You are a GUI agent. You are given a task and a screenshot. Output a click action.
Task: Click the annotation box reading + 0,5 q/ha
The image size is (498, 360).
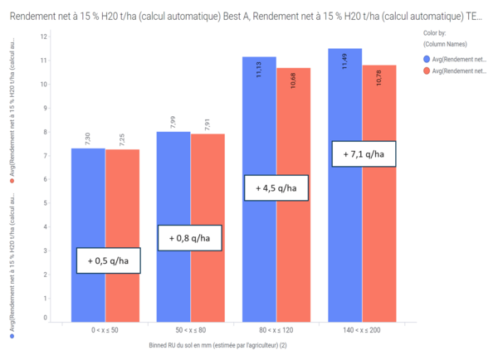(108, 260)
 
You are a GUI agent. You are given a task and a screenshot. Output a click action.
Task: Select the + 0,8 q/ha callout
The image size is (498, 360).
(190, 237)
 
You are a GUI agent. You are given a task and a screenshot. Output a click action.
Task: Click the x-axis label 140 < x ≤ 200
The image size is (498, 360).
(362, 331)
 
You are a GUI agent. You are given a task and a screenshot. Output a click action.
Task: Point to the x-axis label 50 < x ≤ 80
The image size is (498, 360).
(191, 331)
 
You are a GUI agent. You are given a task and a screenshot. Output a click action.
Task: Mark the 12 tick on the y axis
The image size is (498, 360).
(43, 37)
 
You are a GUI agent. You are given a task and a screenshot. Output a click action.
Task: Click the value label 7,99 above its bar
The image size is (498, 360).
(173, 121)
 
